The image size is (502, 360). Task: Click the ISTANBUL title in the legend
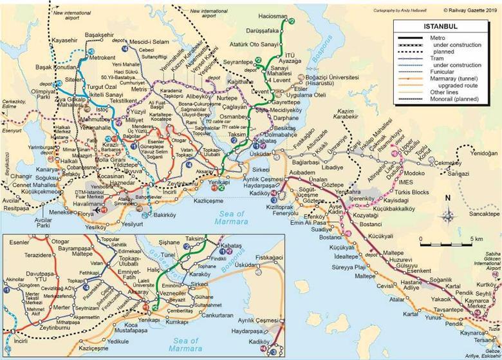[440, 27]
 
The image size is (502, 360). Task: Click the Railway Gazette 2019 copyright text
[469, 10]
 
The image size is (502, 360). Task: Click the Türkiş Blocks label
[412, 193]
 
